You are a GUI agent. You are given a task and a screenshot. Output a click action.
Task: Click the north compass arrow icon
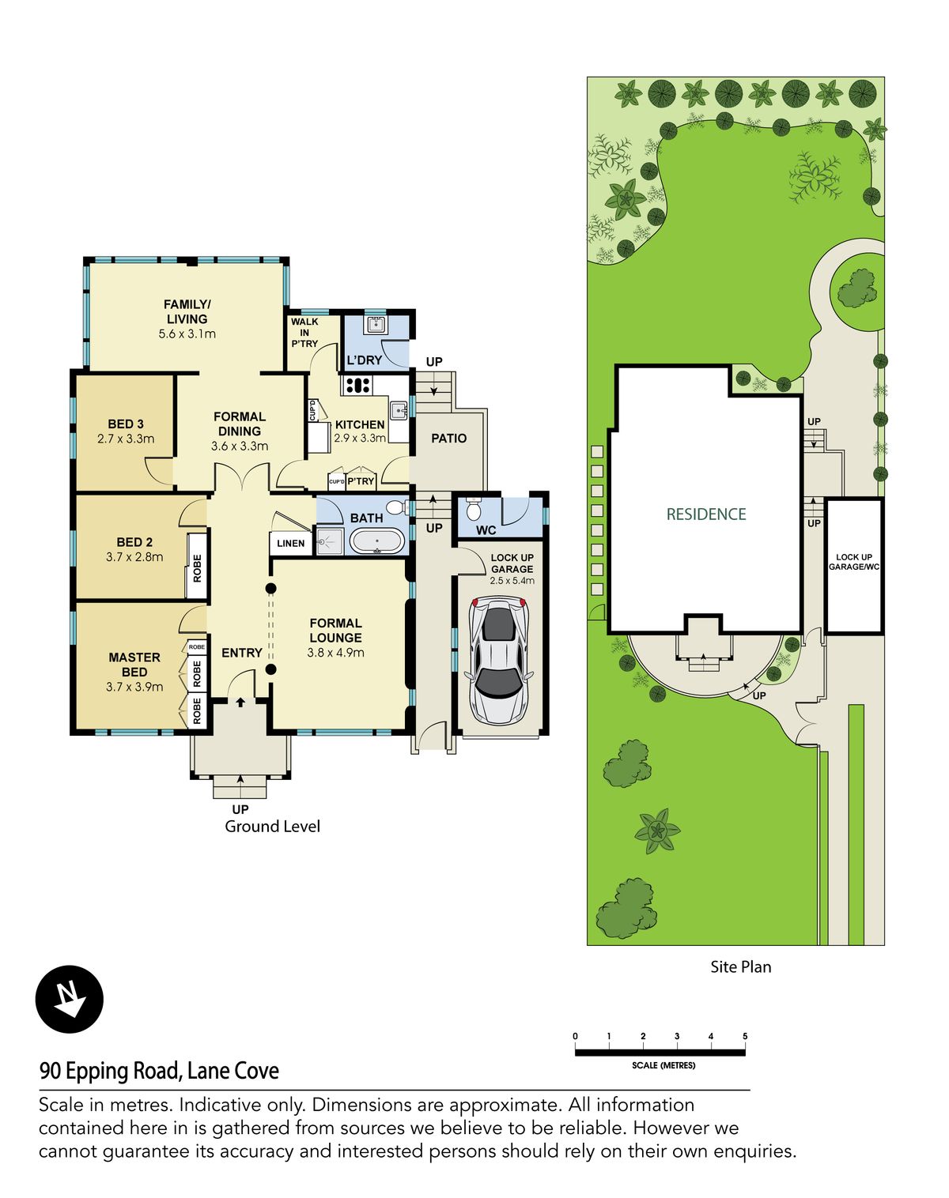pyautogui.click(x=70, y=999)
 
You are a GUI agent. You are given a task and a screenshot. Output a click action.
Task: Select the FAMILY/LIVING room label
pyautogui.click(x=187, y=311)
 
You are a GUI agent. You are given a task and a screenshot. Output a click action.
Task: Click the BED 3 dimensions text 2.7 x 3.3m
pyautogui.click(x=126, y=439)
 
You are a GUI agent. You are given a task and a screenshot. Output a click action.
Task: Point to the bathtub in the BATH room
pyautogui.click(x=377, y=541)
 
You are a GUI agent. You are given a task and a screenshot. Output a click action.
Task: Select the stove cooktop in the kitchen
pyautogui.click(x=357, y=386)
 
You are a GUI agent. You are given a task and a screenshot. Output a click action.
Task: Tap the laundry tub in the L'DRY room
pyautogui.click(x=375, y=324)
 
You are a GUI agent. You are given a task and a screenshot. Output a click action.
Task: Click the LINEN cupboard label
pyautogui.click(x=290, y=543)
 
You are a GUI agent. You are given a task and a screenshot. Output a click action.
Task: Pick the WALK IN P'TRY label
pyautogui.click(x=304, y=333)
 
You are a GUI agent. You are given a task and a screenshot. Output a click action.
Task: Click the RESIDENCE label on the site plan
pyautogui.click(x=705, y=514)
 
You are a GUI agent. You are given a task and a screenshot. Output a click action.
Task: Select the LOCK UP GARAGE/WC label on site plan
pyautogui.click(x=853, y=562)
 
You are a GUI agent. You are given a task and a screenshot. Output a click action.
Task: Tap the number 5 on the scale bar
pyautogui.click(x=745, y=1036)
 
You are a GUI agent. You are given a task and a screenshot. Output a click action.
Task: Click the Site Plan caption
pyautogui.click(x=740, y=966)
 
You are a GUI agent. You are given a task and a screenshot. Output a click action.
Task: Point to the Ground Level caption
pyautogui.click(x=272, y=827)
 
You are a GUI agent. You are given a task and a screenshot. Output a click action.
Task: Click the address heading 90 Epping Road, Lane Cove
pyautogui.click(x=159, y=1071)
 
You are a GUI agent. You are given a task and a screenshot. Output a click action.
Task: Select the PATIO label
pyautogui.click(x=448, y=438)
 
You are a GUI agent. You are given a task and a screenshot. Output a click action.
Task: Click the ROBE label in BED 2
pyautogui.click(x=197, y=567)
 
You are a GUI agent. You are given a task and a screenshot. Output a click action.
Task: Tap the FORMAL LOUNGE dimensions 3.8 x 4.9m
pyautogui.click(x=335, y=653)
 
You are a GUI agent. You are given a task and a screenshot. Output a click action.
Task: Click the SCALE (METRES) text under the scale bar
pyautogui.click(x=664, y=1065)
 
